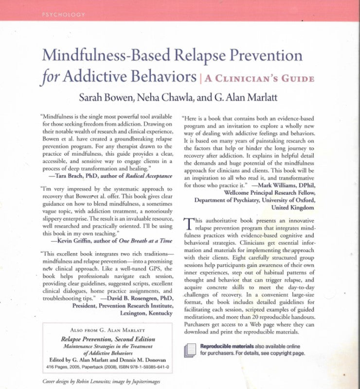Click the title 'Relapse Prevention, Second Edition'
point(108,339)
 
